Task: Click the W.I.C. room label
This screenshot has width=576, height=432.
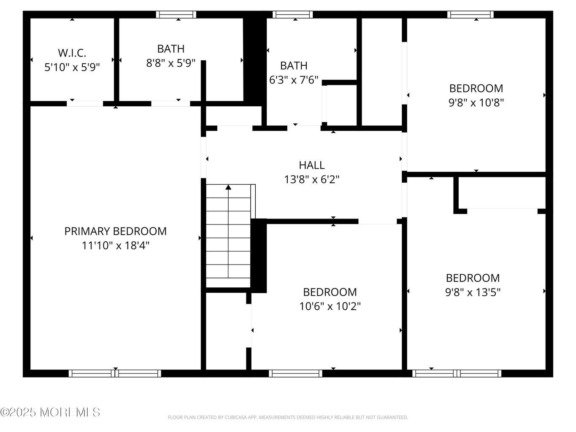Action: [x=72, y=53]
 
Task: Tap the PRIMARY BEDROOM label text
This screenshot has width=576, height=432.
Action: [x=116, y=231]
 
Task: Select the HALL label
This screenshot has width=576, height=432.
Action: [x=312, y=165]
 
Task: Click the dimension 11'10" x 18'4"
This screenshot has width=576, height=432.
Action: [x=116, y=246]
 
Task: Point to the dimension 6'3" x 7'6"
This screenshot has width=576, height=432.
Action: [x=294, y=80]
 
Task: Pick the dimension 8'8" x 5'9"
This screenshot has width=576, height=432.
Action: [x=171, y=63]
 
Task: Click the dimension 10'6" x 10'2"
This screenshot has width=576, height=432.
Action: [x=330, y=306]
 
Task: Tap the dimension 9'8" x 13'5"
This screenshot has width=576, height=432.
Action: [x=473, y=292]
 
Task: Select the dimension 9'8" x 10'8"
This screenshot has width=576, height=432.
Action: [x=476, y=102]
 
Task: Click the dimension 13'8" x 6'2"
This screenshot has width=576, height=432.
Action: [x=312, y=179]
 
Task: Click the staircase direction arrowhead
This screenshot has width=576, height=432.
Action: [x=228, y=187]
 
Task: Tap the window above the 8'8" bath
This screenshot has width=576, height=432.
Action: [x=176, y=14]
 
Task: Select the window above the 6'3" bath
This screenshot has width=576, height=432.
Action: [x=292, y=14]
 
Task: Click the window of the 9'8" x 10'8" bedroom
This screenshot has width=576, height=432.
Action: [x=470, y=14]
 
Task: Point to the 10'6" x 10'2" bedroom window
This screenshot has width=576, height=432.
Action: [x=295, y=373]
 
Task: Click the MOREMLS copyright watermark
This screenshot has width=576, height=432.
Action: [x=50, y=412]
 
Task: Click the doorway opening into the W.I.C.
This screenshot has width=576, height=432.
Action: [x=85, y=104]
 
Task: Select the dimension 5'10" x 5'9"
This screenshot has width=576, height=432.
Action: [x=72, y=67]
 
